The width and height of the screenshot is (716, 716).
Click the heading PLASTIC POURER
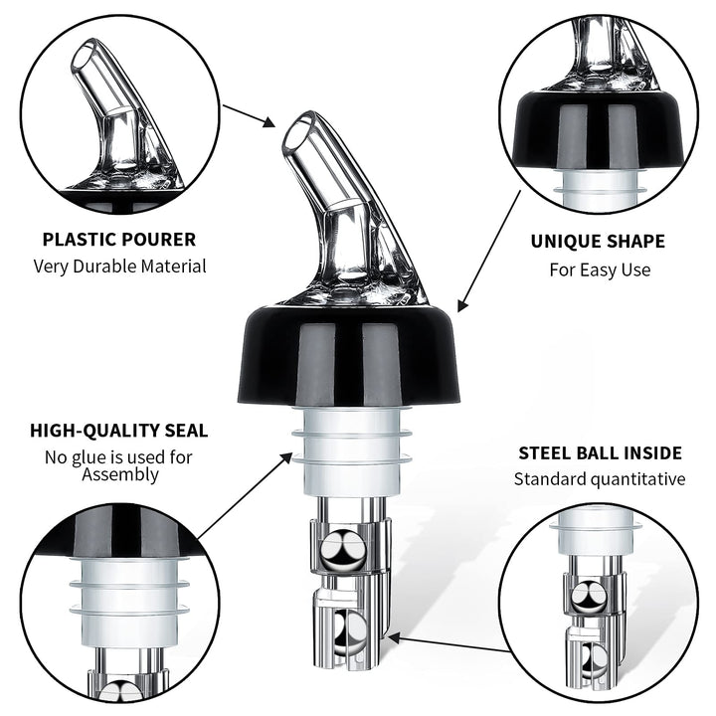point(118,239)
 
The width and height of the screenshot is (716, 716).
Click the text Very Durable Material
point(119,266)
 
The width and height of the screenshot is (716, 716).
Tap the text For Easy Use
point(599,269)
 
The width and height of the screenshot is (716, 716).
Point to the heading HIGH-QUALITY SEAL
point(118,431)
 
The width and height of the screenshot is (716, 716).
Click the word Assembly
point(118,474)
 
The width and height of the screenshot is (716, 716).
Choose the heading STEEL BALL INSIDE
point(600,453)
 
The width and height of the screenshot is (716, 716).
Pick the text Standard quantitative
point(599,479)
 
